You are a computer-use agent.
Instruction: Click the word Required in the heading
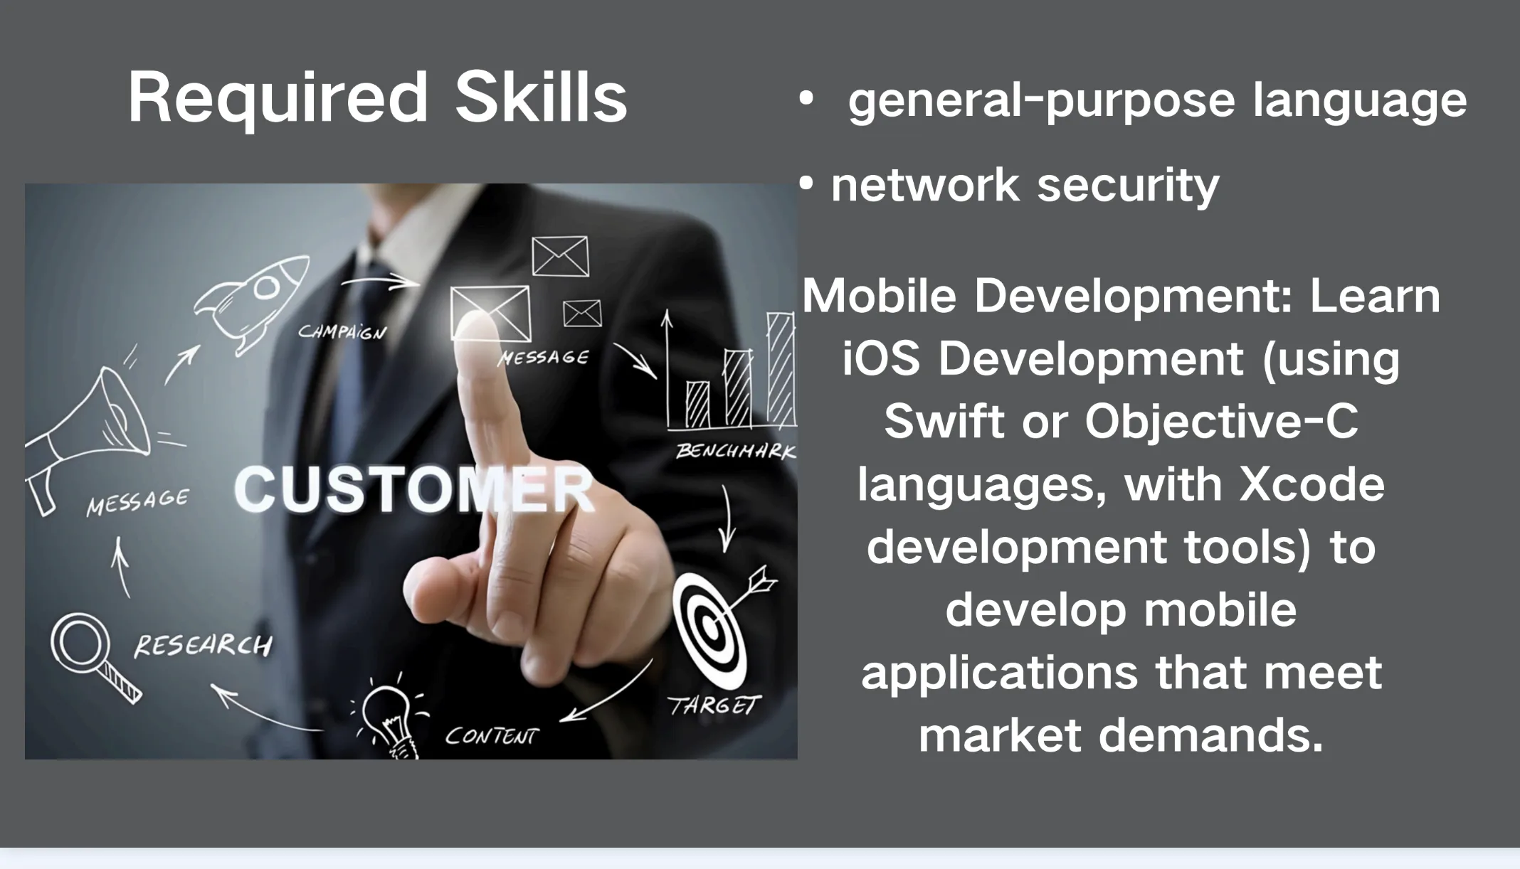tap(278, 99)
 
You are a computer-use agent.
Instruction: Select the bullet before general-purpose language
tap(806, 99)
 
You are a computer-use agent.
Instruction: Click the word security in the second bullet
tap(1128, 185)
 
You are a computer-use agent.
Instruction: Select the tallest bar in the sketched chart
tap(781, 369)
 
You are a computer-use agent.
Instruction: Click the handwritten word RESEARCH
tap(203, 645)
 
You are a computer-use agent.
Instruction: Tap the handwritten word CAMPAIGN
tap(342, 331)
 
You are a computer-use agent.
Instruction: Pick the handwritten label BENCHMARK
tap(736, 451)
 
